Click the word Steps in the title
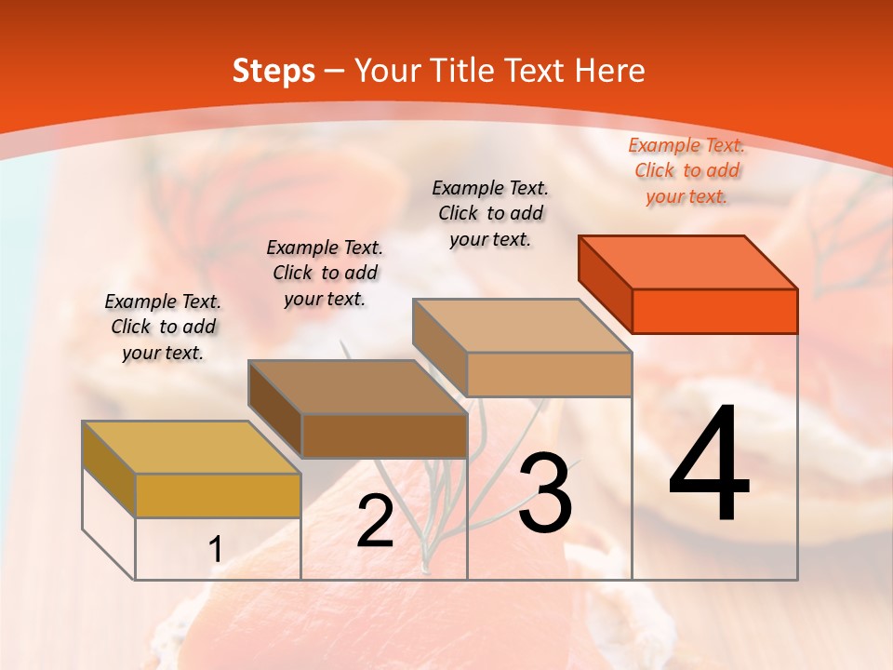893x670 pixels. [x=273, y=71]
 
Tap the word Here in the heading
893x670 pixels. [x=609, y=71]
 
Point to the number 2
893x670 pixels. [x=375, y=521]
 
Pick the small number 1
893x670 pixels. [x=216, y=550]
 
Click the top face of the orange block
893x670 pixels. [x=688, y=262]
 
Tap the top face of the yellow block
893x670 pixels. [x=192, y=448]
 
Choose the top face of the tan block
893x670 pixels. [x=522, y=326]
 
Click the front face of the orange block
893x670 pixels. [x=714, y=311]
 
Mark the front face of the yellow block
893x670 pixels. [x=218, y=495]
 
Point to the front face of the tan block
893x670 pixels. [x=549, y=374]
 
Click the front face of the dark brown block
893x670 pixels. [x=383, y=435]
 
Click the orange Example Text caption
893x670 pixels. [x=686, y=170]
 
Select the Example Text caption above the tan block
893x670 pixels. [x=490, y=213]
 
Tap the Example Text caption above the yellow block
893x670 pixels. [x=163, y=327]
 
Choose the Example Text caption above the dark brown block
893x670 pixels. [x=325, y=273]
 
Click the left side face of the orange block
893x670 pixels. [x=606, y=284]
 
